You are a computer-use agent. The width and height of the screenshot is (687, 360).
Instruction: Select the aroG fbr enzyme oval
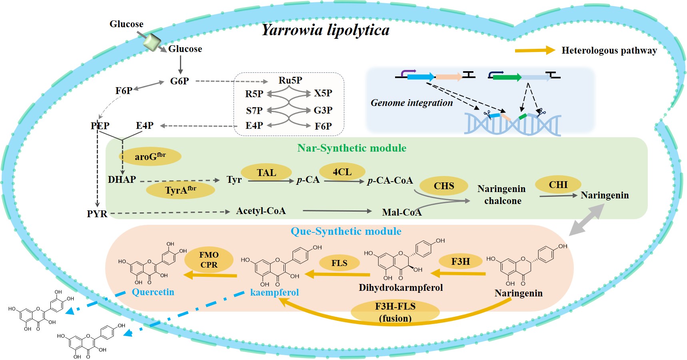[x=150, y=156]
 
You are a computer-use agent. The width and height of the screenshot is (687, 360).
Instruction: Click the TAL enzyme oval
[x=266, y=172]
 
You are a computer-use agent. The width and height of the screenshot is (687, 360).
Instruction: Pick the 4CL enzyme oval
[x=342, y=172]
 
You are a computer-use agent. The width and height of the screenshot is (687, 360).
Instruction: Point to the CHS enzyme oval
[x=444, y=186]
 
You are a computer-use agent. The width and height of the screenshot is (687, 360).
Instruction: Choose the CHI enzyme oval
[x=558, y=185]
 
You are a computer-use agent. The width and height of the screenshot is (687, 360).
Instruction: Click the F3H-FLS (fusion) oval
[x=395, y=312]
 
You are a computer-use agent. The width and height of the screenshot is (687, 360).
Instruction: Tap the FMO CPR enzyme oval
[x=209, y=260]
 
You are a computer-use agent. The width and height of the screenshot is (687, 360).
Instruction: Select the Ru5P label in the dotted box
[x=290, y=80]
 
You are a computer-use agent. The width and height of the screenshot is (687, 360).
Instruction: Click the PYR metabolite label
[x=97, y=214]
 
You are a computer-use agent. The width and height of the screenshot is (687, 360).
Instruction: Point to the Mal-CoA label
[x=402, y=212]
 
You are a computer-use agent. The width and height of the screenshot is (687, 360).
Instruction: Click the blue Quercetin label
[x=153, y=292]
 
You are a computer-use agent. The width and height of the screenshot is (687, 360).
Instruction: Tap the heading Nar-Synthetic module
[x=352, y=148]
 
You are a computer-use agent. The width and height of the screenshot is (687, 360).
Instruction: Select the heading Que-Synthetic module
[x=346, y=232]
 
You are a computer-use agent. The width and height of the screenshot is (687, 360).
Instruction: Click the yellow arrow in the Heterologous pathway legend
[x=535, y=50]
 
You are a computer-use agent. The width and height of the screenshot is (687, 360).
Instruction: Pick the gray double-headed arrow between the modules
[x=586, y=220]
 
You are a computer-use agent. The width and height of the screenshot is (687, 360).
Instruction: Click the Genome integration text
[x=412, y=103]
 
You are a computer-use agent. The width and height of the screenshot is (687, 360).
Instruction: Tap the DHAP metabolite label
[x=122, y=180]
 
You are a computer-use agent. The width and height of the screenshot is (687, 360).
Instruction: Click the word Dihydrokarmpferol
[x=401, y=288]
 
